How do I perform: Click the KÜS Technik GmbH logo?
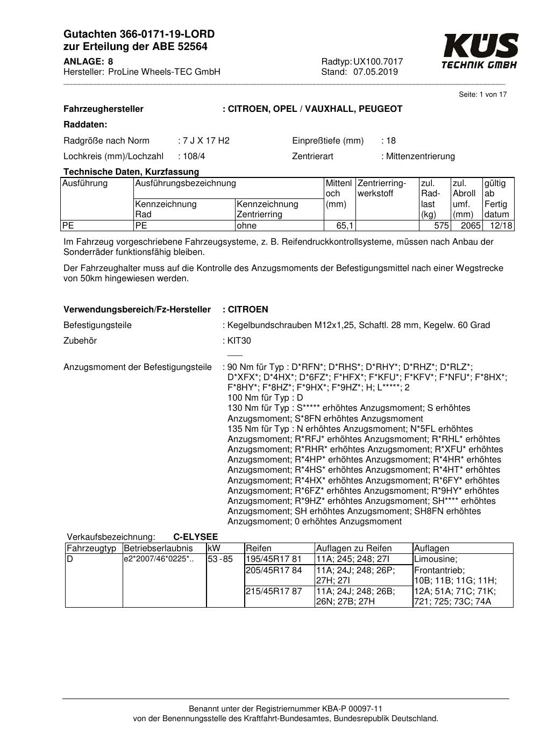(480, 51)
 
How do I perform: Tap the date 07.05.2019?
(375, 72)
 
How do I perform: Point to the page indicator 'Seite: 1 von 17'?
(482, 95)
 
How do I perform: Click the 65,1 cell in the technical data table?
(345, 226)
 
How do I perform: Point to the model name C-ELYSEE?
(196, 537)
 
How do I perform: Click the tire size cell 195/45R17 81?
(274, 559)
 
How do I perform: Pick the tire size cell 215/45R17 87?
(274, 591)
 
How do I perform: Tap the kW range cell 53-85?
(220, 559)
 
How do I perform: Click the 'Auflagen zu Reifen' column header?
(354, 549)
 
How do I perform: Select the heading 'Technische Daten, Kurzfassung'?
(131, 172)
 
